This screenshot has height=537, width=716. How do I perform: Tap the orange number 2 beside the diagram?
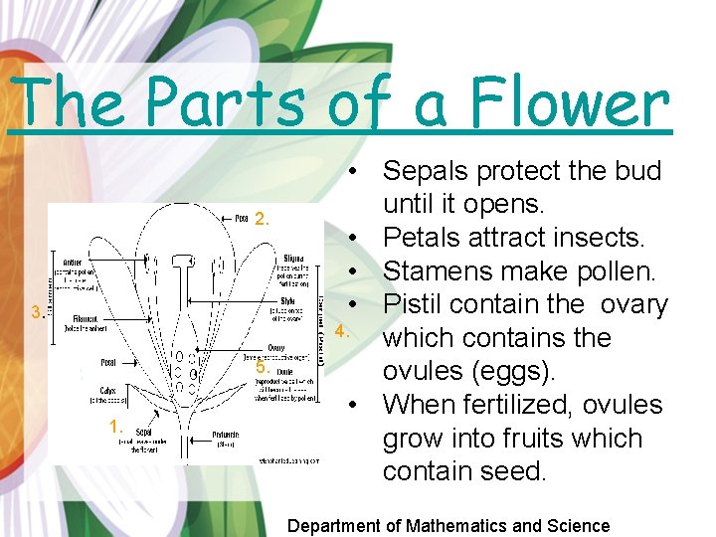263,219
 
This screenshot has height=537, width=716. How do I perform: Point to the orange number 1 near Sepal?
116,427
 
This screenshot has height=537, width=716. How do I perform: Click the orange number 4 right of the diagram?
340,331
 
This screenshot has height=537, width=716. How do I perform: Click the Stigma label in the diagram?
294,259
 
